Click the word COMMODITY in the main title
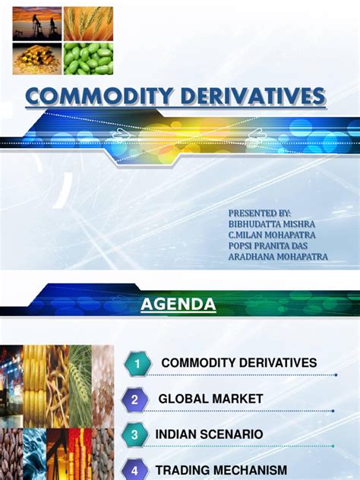point(93,97)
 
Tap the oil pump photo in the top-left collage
point(37,24)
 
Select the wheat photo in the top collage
point(88,24)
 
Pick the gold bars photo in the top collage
point(37,58)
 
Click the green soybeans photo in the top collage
point(88,58)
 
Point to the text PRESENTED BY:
point(260,214)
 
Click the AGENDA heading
point(178,305)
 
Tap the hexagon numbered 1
point(137,365)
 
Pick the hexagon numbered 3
point(134,435)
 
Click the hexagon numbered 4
point(134,469)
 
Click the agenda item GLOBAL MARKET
point(210,399)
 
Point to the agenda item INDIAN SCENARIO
point(209,434)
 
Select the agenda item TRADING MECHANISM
point(221,469)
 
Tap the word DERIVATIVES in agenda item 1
point(275,363)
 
